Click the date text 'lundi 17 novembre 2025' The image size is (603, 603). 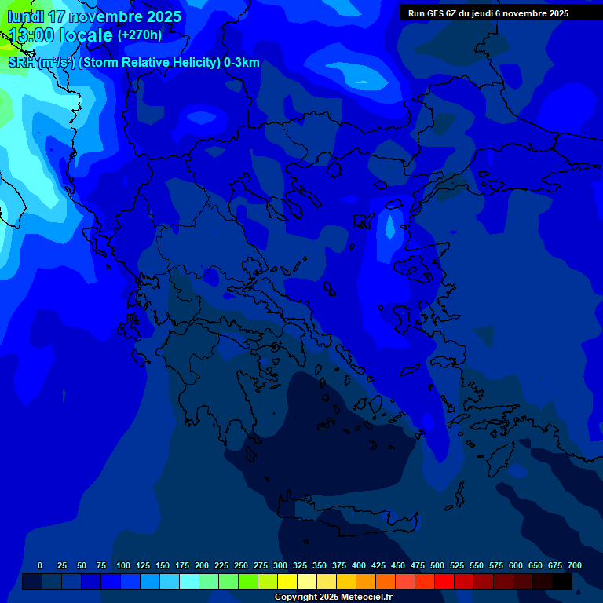(x=94, y=16)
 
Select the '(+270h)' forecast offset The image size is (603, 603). (x=140, y=35)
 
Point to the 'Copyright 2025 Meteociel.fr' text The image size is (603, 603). (x=333, y=598)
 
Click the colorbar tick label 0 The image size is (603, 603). (x=40, y=565)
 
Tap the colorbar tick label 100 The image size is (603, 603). (x=123, y=565)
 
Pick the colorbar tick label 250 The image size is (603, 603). (x=241, y=565)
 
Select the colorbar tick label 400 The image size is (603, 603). (x=359, y=565)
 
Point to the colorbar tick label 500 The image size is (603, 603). (x=437, y=565)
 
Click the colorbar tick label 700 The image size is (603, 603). (x=575, y=565)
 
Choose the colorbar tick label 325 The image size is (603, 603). (x=300, y=565)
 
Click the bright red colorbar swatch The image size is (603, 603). (x=444, y=582)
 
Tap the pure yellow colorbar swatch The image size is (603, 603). (x=287, y=582)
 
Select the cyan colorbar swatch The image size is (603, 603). (x=189, y=582)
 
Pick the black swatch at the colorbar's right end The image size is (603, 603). (x=562, y=582)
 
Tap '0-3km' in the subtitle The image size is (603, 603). (x=242, y=63)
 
